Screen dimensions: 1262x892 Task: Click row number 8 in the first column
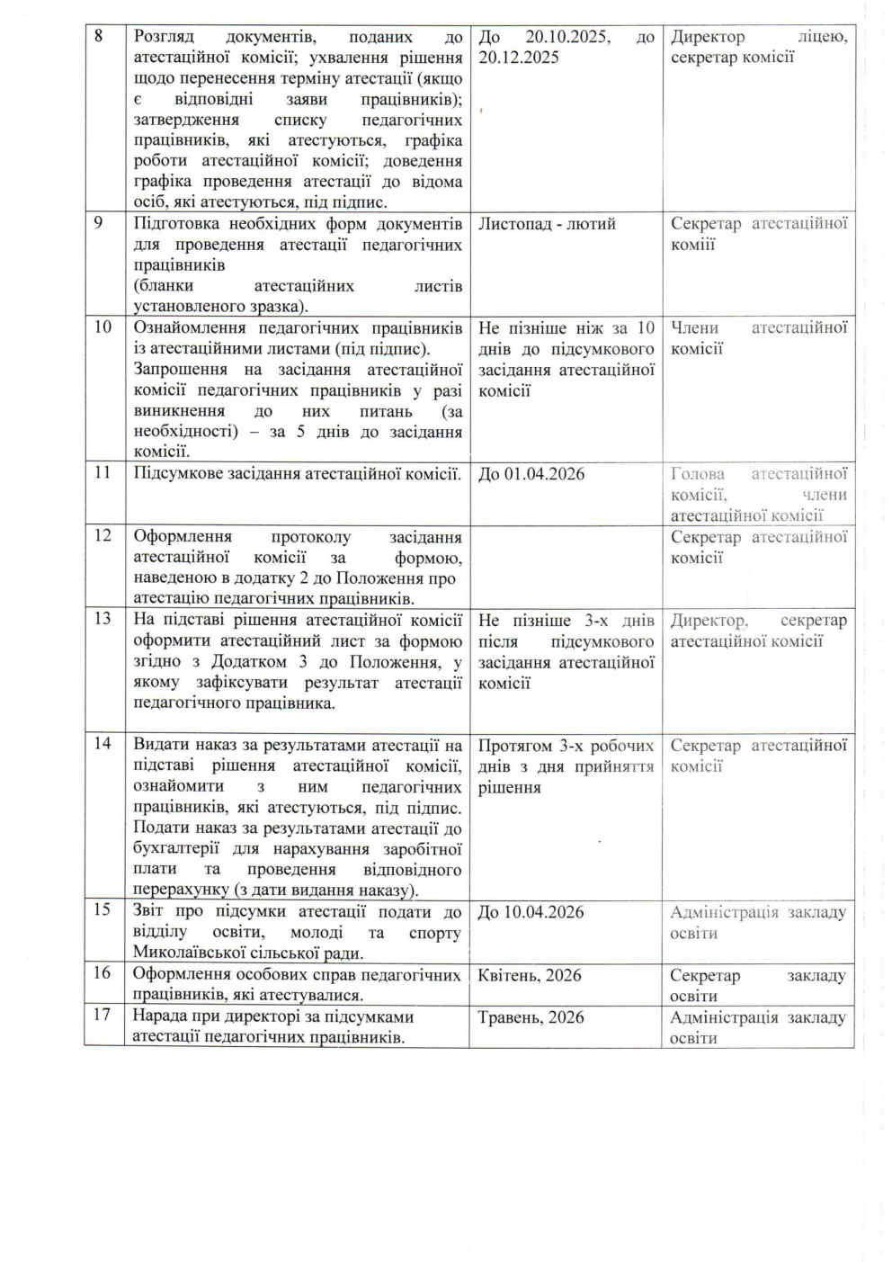(99, 36)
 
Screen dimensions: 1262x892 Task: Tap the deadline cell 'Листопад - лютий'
(547, 224)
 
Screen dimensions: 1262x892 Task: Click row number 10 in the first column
(103, 327)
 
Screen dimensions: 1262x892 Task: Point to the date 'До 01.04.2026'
(531, 474)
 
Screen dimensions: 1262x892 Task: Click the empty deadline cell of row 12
(566, 567)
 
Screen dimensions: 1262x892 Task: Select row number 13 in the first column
(103, 619)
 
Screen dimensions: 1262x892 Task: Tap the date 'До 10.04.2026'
(531, 912)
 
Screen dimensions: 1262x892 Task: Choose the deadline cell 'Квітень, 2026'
(530, 975)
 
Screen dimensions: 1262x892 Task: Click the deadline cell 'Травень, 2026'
(531, 1017)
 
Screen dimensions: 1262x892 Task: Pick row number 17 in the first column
(103, 1015)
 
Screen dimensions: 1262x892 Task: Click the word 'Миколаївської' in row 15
(191, 953)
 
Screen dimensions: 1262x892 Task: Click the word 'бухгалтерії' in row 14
(178, 849)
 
